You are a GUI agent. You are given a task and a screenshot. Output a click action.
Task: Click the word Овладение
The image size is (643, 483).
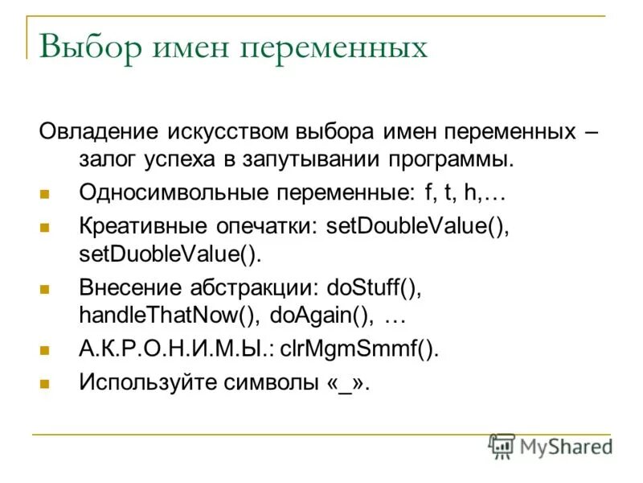pos(100,131)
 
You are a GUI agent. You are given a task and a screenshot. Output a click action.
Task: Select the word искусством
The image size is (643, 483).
pos(227,131)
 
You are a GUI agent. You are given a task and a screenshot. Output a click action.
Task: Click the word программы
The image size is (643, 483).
pos(451,159)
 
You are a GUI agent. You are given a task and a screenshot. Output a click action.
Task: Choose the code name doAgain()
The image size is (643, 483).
pos(322,316)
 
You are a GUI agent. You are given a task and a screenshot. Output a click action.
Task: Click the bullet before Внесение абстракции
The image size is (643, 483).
pos(45,289)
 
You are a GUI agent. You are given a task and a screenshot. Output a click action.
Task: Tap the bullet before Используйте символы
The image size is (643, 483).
pos(45,384)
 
